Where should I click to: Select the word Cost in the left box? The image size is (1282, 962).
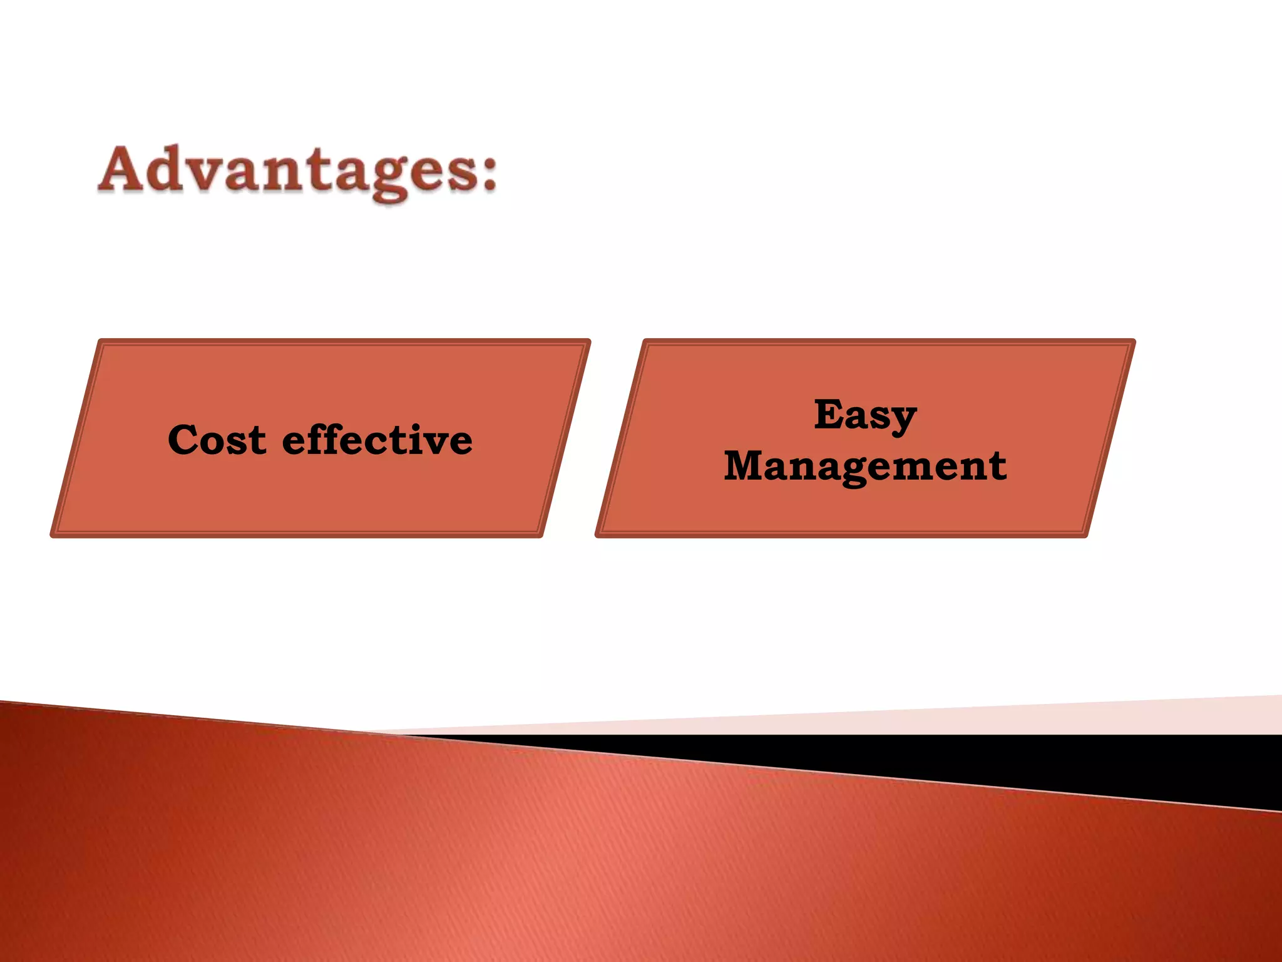(217, 440)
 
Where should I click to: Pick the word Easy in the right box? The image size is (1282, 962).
(865, 415)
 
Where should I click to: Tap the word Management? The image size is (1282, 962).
(865, 467)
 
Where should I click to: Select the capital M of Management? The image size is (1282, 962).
(744, 466)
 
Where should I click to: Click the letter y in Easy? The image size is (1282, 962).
(903, 420)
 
